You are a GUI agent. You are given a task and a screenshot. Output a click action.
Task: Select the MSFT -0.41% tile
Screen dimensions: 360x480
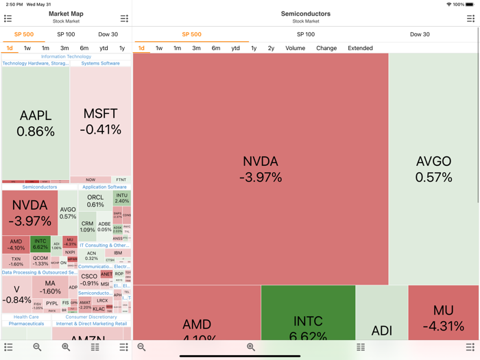pyautogui.click(x=100, y=121)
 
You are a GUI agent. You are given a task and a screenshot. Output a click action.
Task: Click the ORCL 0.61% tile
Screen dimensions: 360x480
pyautogui.click(x=95, y=200)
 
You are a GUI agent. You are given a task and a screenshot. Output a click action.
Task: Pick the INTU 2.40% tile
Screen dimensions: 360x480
pyautogui.click(x=121, y=198)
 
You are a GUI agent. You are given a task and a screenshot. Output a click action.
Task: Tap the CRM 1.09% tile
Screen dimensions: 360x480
pyautogui.click(x=87, y=226)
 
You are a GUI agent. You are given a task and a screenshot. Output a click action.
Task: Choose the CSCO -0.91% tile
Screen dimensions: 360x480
pyautogui.click(x=89, y=280)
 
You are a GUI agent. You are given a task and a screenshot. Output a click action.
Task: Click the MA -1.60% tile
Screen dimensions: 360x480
pyautogui.click(x=50, y=287)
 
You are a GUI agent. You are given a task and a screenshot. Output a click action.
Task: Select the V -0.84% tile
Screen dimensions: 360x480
pyautogui.click(x=16, y=294)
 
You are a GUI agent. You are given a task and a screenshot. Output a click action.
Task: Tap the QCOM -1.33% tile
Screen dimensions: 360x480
pyautogui.click(x=40, y=261)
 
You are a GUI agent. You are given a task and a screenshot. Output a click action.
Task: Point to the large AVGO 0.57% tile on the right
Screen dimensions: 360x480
pyautogui.click(x=433, y=169)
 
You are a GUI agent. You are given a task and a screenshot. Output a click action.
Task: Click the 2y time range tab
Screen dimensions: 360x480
pyautogui.click(x=271, y=48)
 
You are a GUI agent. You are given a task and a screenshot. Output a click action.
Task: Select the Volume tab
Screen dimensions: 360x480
pyautogui.click(x=295, y=48)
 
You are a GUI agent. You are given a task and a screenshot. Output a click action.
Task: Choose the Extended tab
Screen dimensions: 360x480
pyautogui.click(x=360, y=48)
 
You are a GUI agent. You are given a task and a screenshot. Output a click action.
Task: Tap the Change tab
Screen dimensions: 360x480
pyautogui.click(x=326, y=48)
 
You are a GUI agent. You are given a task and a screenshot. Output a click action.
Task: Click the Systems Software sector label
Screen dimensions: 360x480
pyautogui.click(x=100, y=63)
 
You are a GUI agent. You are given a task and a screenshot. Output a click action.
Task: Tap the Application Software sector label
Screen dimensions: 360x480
pyautogui.click(x=104, y=187)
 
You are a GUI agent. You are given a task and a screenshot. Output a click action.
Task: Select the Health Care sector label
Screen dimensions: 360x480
pyautogui.click(x=26, y=317)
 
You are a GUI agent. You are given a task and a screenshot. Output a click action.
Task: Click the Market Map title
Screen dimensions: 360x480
pyautogui.click(x=66, y=14)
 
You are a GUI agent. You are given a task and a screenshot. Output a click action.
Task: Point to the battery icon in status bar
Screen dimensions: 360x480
pyautogui.click(x=470, y=4)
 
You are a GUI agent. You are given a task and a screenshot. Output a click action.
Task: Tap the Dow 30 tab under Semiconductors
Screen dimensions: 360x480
pyautogui.click(x=420, y=34)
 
